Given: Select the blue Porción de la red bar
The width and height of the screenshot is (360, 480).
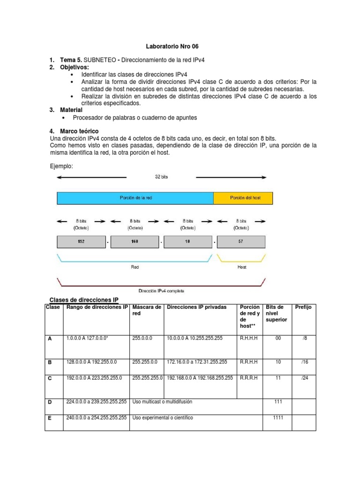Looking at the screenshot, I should tap(135, 198).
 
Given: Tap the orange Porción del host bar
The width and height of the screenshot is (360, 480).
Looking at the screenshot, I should tap(243, 198).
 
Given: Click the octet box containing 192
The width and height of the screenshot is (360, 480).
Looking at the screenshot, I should tap(82, 242).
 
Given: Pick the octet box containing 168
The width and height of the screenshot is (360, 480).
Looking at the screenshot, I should tap(135, 242).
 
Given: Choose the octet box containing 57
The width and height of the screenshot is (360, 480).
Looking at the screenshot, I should tap(241, 242).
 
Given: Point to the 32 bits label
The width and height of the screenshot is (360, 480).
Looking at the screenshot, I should tap(161, 177).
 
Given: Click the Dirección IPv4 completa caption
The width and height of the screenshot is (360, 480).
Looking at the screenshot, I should tap(162, 291).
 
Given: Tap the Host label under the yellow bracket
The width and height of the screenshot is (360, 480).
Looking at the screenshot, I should tap(241, 267).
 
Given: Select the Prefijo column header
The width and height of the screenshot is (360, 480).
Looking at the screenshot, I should tap(303, 307).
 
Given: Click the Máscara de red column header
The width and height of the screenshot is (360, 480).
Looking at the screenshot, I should tap(146, 310).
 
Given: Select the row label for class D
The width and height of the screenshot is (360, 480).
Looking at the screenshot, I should tap(50, 402).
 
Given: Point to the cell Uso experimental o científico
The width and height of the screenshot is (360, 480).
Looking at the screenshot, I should tap(163, 418).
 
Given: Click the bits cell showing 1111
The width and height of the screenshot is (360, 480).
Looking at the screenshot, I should tap(278, 418).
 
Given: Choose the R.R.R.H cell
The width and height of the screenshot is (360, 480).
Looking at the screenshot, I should tap(249, 378).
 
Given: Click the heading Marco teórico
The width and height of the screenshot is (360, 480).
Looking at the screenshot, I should tap(79, 131).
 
